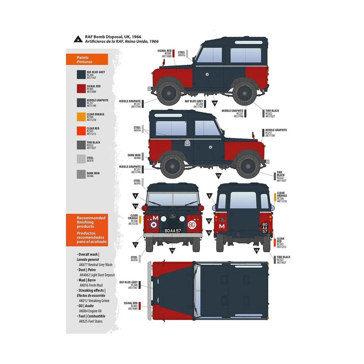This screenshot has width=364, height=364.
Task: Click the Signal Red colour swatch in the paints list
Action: (x=81, y=89)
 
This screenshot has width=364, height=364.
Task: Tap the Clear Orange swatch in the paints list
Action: (x=81, y=117)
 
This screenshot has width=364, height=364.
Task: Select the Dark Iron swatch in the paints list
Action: (x=81, y=174)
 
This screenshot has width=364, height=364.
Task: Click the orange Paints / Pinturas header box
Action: (x=87, y=59)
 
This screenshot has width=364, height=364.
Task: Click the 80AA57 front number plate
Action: (x=173, y=231)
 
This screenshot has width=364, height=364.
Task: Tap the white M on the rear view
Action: (x=222, y=226)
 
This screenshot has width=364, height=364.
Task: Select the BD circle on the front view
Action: (x=191, y=225)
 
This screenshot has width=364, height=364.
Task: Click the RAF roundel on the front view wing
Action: (x=154, y=225)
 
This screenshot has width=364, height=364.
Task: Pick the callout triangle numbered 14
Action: (x=172, y=250)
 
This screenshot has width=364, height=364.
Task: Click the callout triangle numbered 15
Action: (x=257, y=250)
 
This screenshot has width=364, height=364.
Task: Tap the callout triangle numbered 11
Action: (x=135, y=244)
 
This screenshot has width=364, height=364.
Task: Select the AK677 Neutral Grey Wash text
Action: (x=96, y=265)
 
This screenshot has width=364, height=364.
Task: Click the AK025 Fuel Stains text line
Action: (x=91, y=321)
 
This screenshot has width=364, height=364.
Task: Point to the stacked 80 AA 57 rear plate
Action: (x=265, y=228)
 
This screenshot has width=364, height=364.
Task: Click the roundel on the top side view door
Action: (x=207, y=74)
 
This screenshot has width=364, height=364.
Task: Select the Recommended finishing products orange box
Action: (x=87, y=230)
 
